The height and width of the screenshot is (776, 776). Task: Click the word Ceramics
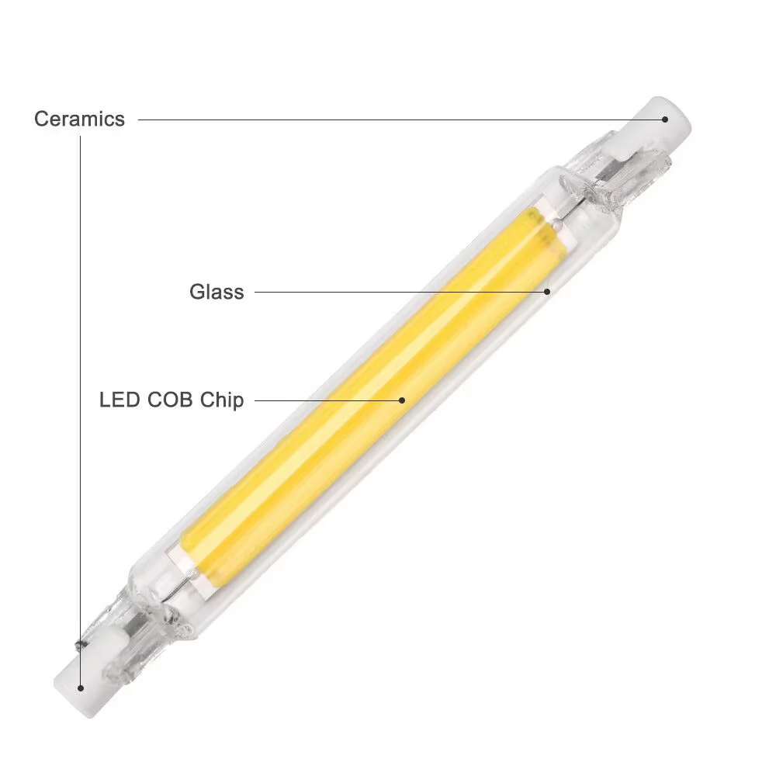tap(79, 119)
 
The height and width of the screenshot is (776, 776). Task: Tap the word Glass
tap(217, 292)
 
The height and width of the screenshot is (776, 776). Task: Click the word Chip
tap(222, 400)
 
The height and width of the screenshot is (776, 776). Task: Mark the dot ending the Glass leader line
tap(547, 292)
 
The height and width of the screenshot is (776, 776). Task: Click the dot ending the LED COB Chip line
tap(403, 400)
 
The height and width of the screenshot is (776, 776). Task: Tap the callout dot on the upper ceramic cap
tap(665, 119)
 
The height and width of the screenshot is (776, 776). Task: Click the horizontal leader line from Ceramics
tap(388, 120)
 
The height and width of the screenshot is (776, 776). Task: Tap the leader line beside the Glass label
tap(388, 292)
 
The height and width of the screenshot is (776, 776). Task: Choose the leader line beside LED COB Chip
tap(326, 400)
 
